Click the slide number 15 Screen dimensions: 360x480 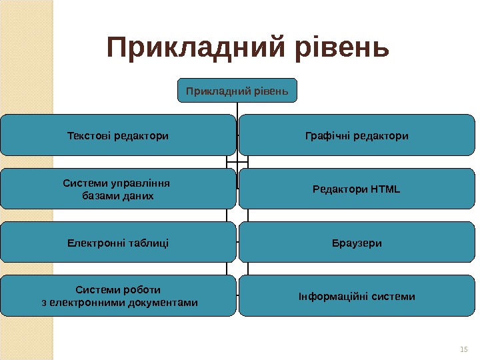pos(464,349)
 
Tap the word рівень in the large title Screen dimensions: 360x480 pos(335,47)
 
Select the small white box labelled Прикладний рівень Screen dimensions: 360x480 pos(237,90)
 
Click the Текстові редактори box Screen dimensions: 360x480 pos(118,135)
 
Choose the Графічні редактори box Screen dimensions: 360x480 pos(357,135)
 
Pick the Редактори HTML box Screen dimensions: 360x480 pos(357,189)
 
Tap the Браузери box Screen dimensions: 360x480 pos(357,243)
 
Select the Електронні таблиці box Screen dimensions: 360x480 pos(118,243)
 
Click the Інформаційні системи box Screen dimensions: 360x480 pos(357,296)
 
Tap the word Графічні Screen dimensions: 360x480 pos(326,136)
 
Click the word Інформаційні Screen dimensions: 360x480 pos(327,296)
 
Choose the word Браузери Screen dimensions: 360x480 pos(357,243)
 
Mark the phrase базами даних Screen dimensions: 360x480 pos(117,196)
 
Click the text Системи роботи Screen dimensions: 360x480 pos(118,289)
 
